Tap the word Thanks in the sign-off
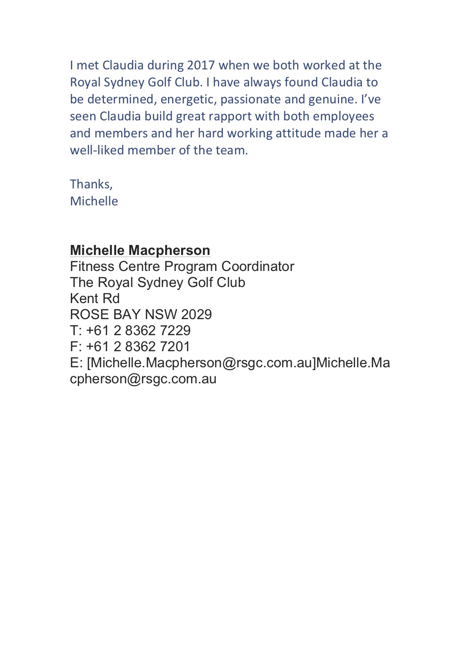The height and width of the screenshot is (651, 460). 91,184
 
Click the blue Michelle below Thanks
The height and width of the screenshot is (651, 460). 94,201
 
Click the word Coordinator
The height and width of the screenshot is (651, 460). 258,267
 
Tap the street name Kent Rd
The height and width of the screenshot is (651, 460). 95,299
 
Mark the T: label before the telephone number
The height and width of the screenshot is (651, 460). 75,331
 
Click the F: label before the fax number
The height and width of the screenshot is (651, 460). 75,347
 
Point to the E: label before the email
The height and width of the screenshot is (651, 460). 76,363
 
